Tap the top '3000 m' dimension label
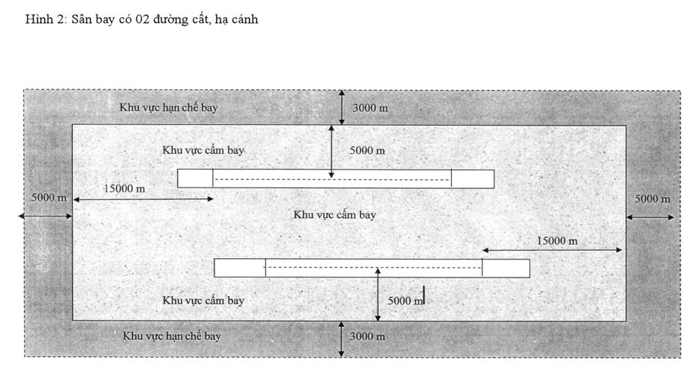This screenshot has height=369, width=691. (x=370, y=108)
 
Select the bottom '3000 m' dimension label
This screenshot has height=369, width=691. (x=367, y=337)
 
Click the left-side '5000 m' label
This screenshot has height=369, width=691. (x=49, y=198)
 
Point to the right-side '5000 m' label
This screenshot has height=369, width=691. (x=653, y=199)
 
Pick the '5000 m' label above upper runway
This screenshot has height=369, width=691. (x=367, y=150)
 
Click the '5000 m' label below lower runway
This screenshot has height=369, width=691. (x=405, y=301)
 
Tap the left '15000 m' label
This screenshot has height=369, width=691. (x=124, y=188)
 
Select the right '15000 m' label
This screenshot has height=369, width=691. (x=557, y=241)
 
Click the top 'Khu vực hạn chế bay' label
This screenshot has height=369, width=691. (x=168, y=107)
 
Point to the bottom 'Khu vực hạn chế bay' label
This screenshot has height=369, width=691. (x=171, y=336)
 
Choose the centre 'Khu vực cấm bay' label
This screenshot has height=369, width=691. (x=334, y=215)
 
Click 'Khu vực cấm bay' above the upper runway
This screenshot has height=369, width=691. (x=203, y=150)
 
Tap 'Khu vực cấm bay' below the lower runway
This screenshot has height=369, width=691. (x=203, y=301)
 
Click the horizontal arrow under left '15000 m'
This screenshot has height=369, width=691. (x=143, y=199)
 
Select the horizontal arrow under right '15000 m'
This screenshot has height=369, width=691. (x=553, y=250)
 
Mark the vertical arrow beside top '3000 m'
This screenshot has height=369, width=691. (x=342, y=107)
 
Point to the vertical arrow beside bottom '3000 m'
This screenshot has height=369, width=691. (x=341, y=339)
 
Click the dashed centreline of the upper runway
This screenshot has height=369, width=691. (x=332, y=179)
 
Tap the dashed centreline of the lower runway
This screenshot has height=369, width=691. (x=373, y=267)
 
